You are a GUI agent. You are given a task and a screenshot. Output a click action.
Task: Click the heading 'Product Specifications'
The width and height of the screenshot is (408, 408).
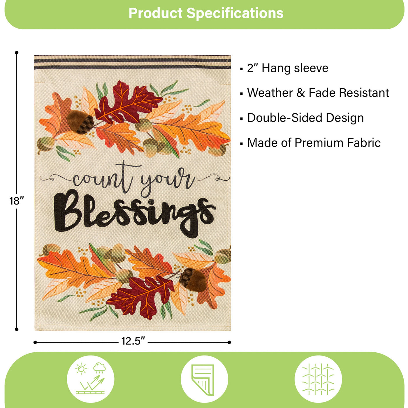(x=206, y=13)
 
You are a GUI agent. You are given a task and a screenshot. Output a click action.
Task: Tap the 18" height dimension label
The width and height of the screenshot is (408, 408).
(x=17, y=201)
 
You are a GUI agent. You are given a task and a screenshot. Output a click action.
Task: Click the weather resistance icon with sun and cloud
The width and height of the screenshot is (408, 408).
(x=90, y=379)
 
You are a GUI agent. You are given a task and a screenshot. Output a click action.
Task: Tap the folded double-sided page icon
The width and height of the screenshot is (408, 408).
(x=204, y=379)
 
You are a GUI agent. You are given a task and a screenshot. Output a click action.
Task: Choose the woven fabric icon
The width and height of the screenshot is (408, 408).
(x=318, y=379)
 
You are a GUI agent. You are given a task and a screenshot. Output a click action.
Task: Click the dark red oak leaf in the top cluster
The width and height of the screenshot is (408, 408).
(x=127, y=102)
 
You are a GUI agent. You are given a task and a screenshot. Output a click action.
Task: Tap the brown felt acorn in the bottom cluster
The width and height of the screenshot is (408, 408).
(x=193, y=279)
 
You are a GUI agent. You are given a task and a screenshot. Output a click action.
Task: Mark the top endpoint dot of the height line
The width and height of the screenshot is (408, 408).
(x=17, y=52)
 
